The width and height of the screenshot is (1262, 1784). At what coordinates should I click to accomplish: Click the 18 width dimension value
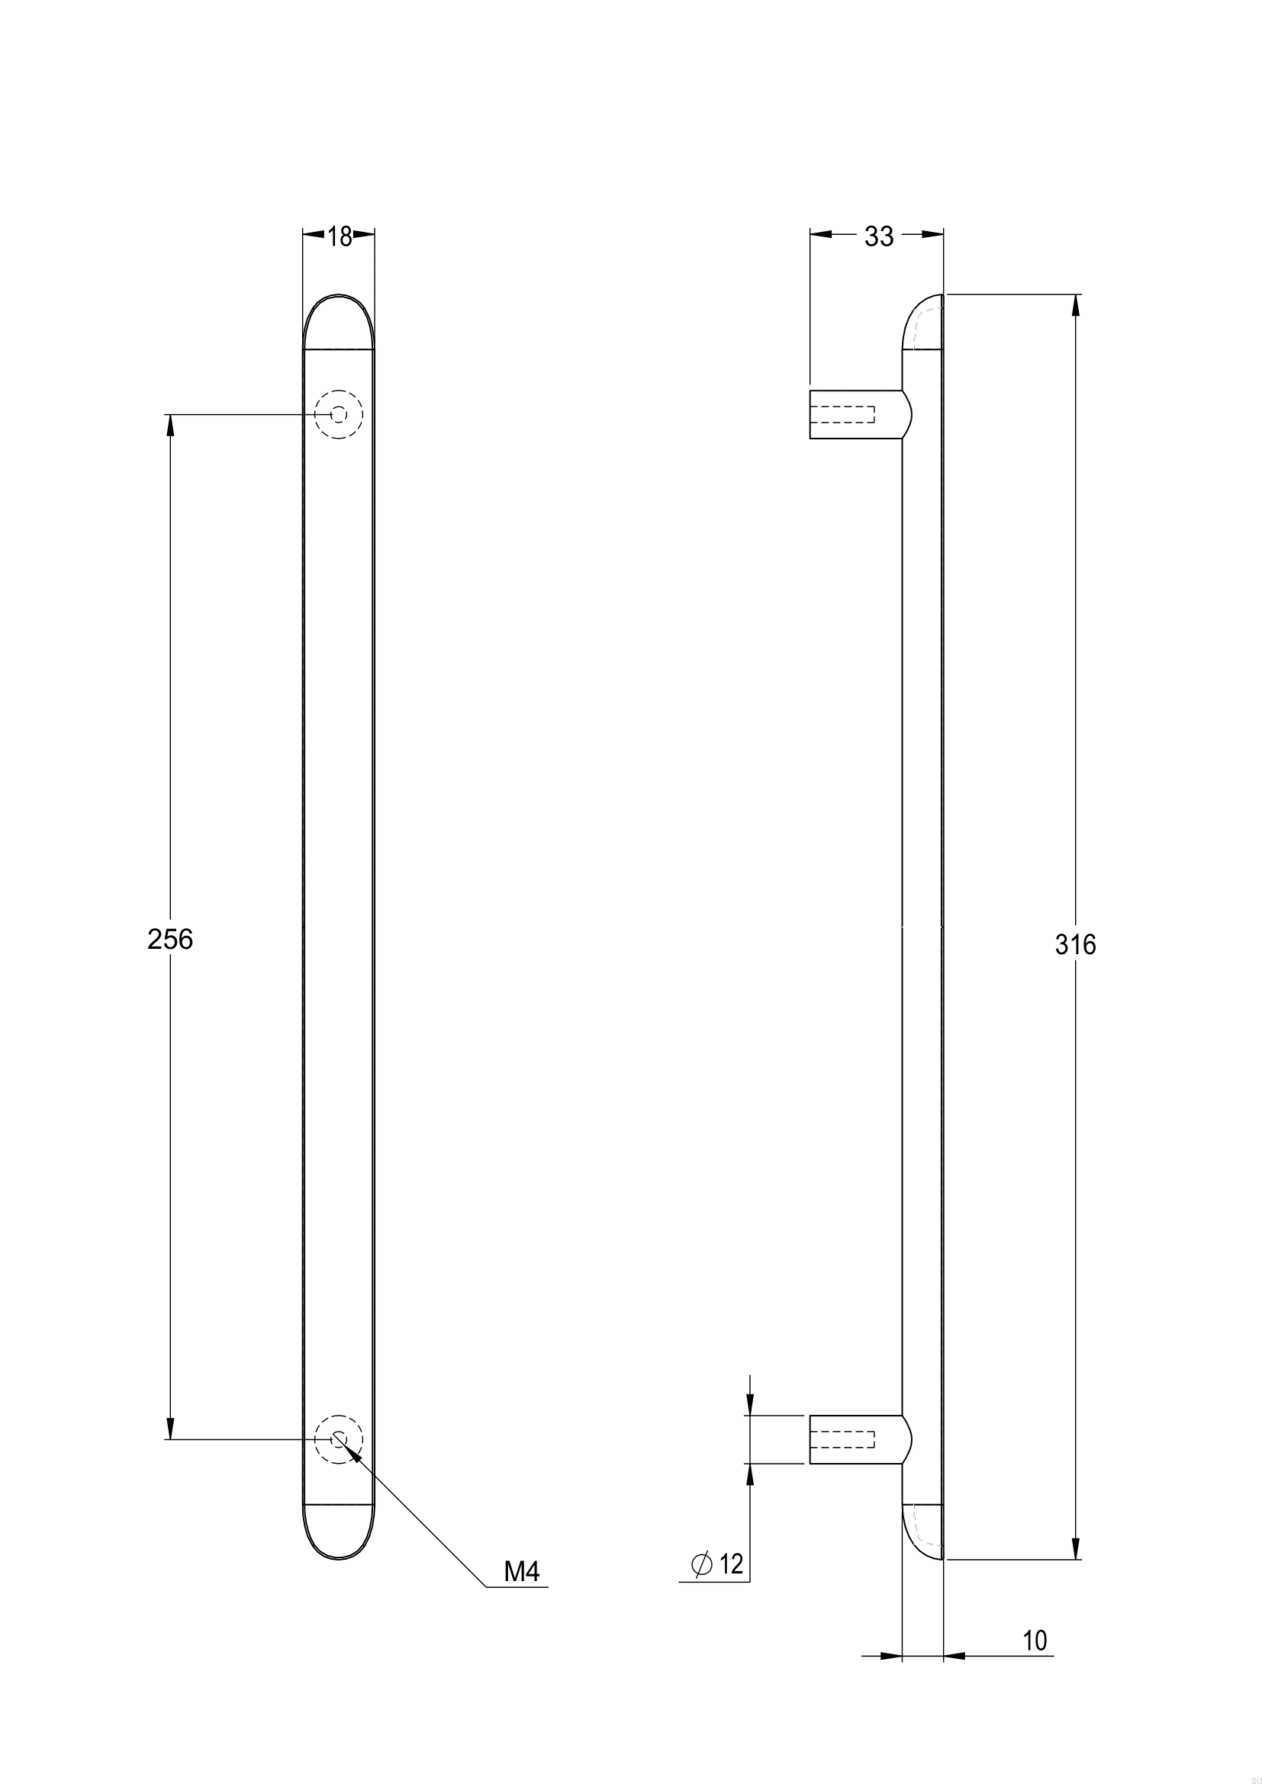click(x=339, y=236)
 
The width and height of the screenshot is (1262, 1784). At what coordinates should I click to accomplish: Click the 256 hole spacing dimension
click(x=169, y=940)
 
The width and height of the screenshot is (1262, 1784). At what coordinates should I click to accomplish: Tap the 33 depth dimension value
click(x=879, y=236)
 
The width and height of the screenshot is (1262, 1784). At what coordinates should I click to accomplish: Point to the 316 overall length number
click(x=1076, y=944)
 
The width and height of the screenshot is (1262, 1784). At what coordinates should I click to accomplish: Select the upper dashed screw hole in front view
click(x=339, y=415)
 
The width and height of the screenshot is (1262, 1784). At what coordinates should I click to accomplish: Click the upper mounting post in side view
click(x=855, y=414)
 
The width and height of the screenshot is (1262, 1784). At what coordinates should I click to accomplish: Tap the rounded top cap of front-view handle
click(x=339, y=323)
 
